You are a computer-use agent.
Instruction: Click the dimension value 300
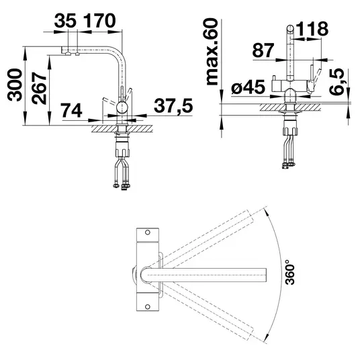click(x=15, y=85)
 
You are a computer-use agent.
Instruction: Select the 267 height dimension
click(x=39, y=89)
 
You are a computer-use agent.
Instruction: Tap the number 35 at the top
click(x=65, y=21)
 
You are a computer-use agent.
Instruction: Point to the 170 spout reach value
click(x=99, y=21)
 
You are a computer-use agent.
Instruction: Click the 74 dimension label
click(x=71, y=110)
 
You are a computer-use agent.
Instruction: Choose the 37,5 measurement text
click(x=173, y=105)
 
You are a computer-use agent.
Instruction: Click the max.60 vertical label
click(x=212, y=52)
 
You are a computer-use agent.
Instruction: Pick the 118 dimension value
click(x=312, y=29)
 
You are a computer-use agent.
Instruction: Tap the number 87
click(x=263, y=50)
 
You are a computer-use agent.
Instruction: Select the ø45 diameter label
click(x=249, y=87)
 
